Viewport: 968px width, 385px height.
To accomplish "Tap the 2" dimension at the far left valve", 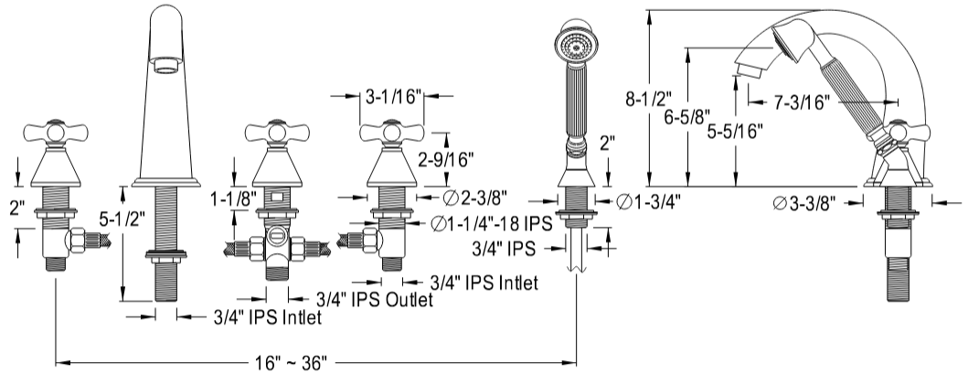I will tap(16, 207).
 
